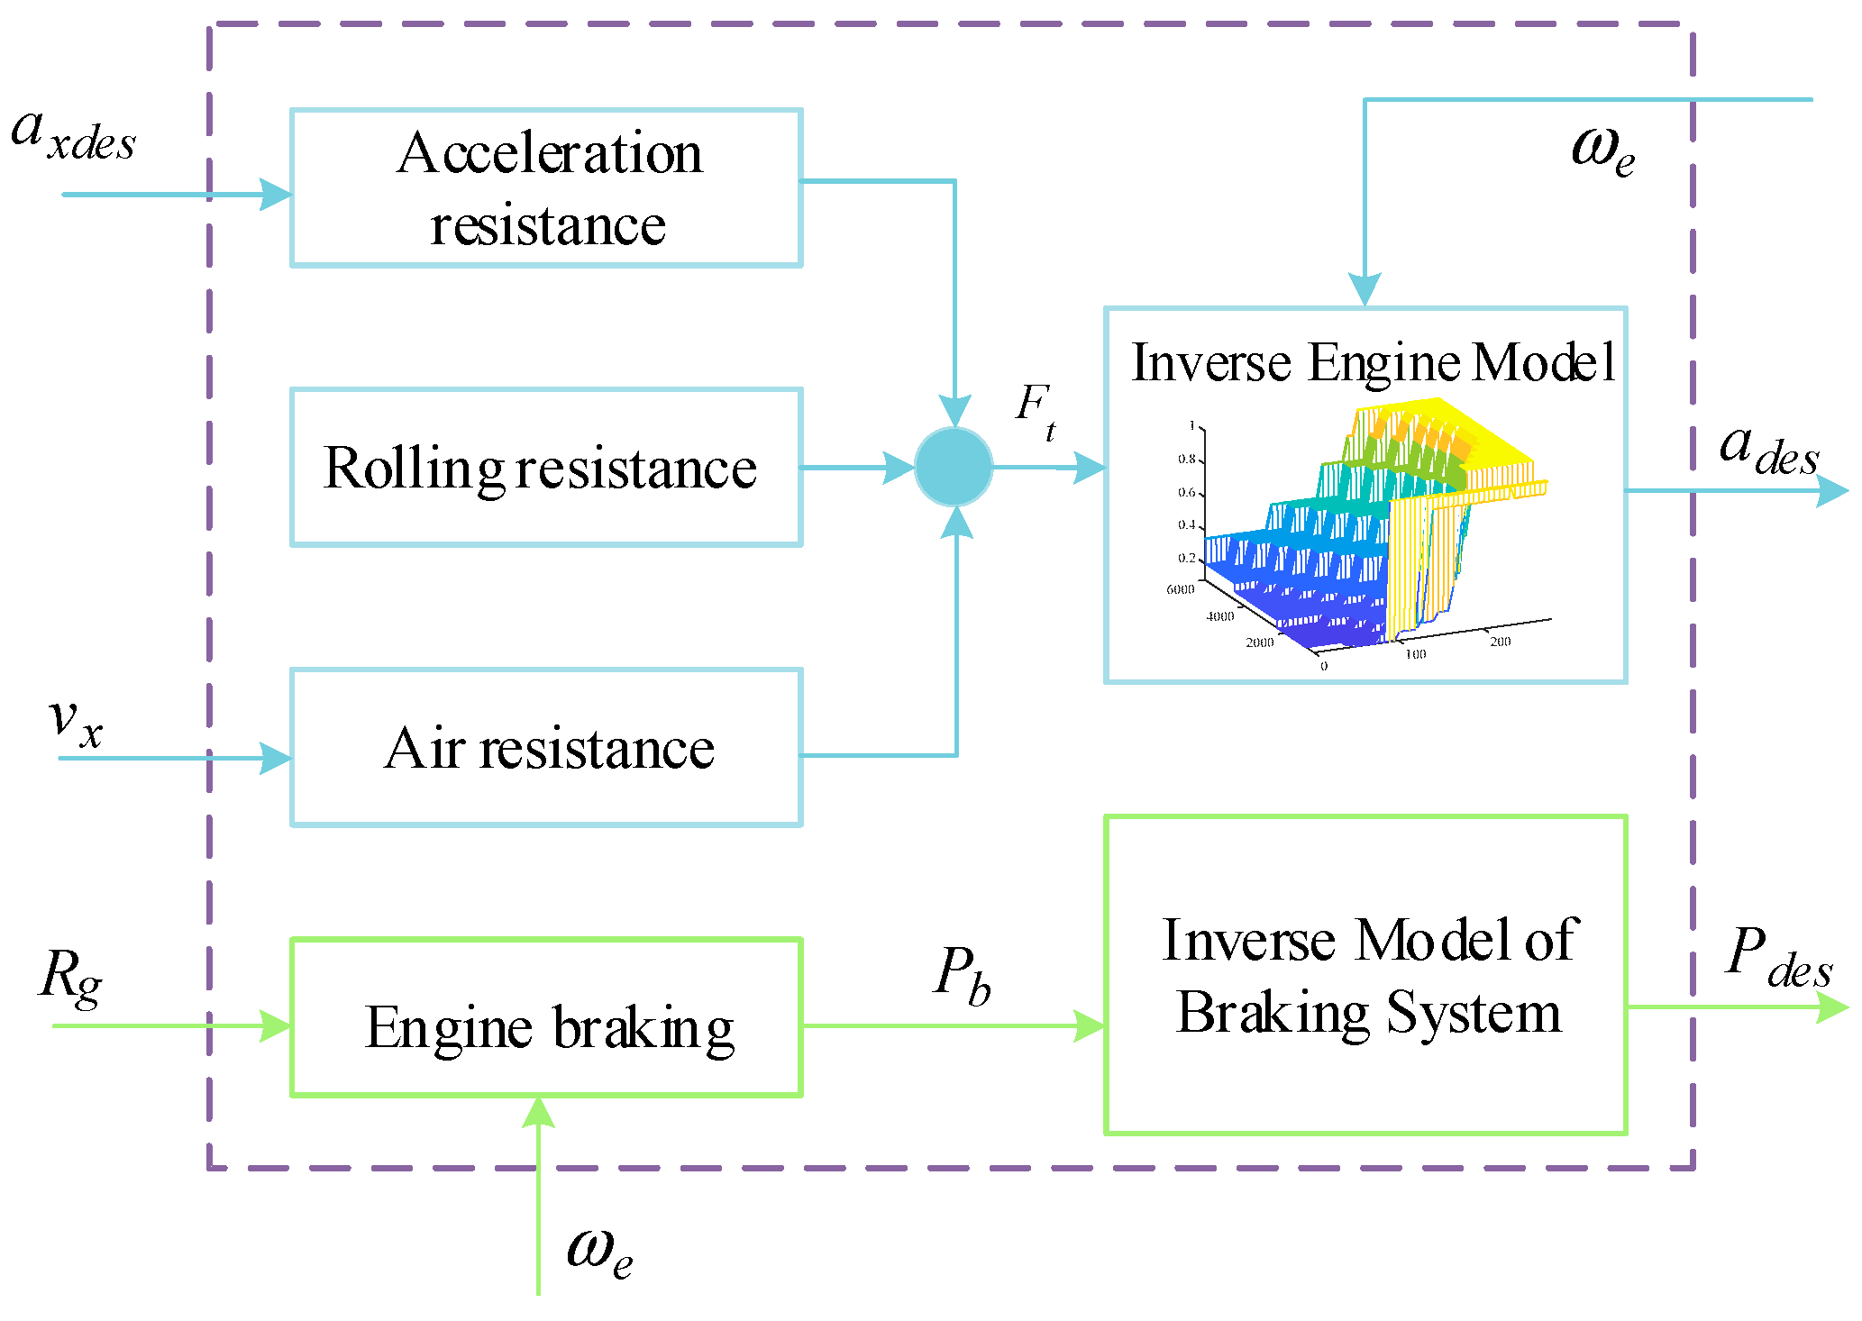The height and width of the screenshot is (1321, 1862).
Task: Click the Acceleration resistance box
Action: pyautogui.click(x=546, y=187)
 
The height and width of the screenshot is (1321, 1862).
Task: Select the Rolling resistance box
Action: pyautogui.click(x=546, y=467)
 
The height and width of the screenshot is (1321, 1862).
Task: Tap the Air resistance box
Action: pyautogui.click(x=546, y=747)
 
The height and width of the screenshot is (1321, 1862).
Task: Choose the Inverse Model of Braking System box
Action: pyautogui.click(x=1365, y=975)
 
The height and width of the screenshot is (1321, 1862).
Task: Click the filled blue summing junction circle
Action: pyautogui.click(x=954, y=467)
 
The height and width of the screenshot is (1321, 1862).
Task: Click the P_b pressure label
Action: pyautogui.click(x=963, y=975)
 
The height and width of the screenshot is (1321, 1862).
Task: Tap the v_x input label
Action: pyautogui.click(x=76, y=722)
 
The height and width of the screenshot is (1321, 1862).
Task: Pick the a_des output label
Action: pyautogui.click(x=1768, y=450)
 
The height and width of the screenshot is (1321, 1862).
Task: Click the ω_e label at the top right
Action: pyautogui.click(x=1602, y=150)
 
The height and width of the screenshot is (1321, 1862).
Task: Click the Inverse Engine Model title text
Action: pyautogui.click(x=1373, y=362)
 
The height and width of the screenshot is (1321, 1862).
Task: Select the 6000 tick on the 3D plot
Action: pyautogui.click(x=1180, y=589)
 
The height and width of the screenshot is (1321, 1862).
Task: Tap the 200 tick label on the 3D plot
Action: pyautogui.click(x=1500, y=642)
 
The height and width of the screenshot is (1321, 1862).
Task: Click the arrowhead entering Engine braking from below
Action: pyautogui.click(x=538, y=1112)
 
